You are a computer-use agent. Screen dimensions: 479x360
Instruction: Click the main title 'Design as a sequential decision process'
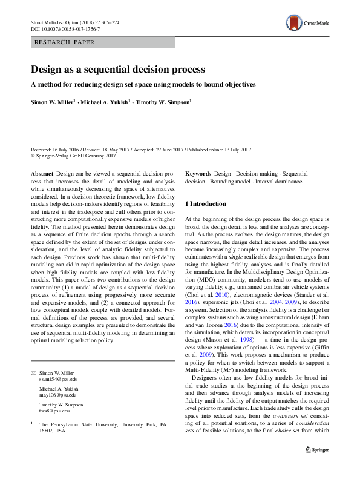[x=118, y=70]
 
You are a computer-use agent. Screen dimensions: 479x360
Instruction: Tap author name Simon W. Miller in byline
[x=53, y=104]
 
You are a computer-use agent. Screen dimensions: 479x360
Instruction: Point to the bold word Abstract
[x=42, y=173]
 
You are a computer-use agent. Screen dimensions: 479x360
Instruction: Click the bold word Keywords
[x=197, y=173]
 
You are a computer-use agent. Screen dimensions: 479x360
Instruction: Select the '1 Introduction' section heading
[x=206, y=204]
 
